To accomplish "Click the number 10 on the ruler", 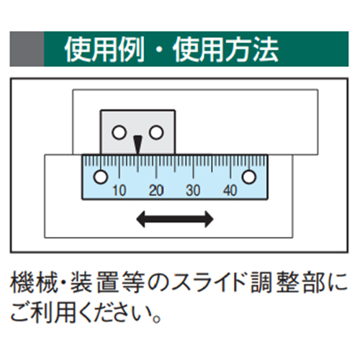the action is click(120, 191).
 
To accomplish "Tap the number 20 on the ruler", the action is click(156, 191).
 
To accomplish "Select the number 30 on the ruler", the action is click(193, 191).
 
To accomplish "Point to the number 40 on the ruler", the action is click(230, 191).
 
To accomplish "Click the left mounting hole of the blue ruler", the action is click(101, 177).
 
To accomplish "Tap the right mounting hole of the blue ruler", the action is click(249, 177).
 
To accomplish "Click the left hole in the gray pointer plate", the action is click(119, 132).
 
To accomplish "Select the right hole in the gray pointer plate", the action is click(156, 132).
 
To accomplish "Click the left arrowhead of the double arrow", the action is click(140, 219).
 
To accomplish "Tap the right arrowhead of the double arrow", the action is click(209, 219).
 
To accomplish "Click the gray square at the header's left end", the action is click(27, 49).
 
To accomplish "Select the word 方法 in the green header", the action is click(252, 50).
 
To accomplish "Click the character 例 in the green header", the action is click(132, 50).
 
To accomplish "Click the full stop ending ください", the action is click(156, 320).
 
